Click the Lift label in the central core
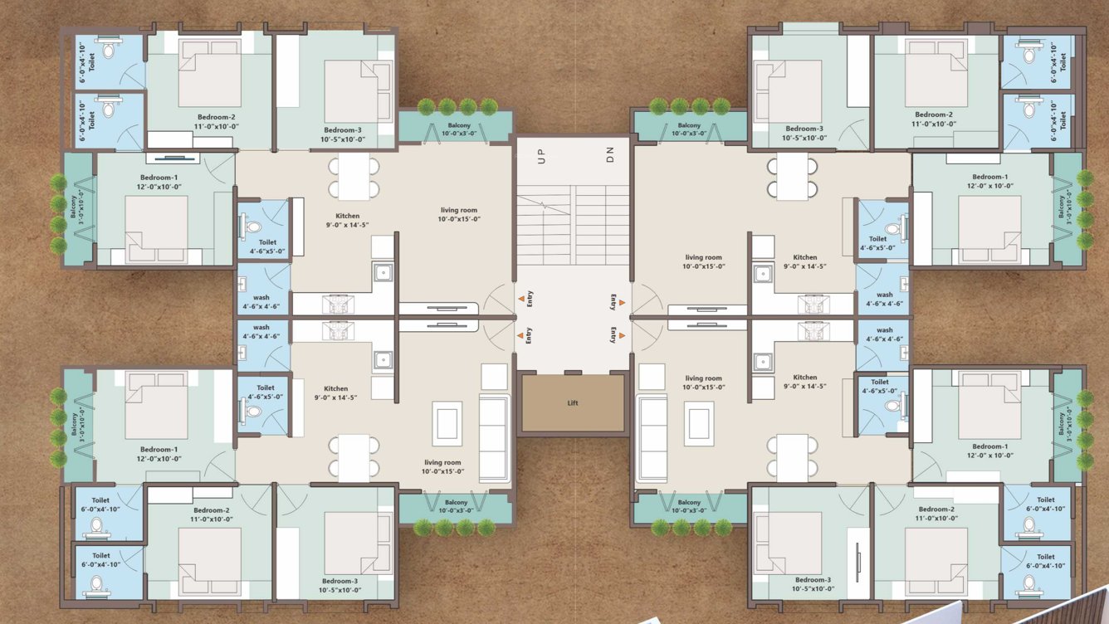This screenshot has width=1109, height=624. pyautogui.click(x=573, y=403)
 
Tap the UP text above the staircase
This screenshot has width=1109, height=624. pyautogui.click(x=542, y=157)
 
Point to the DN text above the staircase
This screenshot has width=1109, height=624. pyautogui.click(x=609, y=155)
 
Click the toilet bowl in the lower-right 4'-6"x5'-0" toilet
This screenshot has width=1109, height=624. pyautogui.click(x=893, y=406)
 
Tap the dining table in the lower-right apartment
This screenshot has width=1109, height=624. pyautogui.click(x=793, y=457)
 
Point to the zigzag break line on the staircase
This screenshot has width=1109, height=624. pyautogui.click(x=543, y=203)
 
